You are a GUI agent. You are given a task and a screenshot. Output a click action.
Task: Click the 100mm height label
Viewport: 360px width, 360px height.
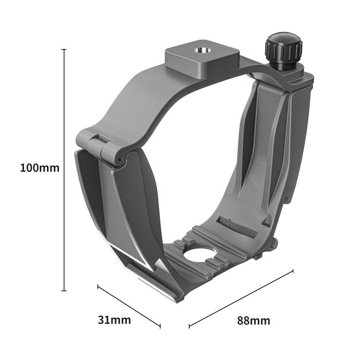pyautogui.click(x=40, y=168)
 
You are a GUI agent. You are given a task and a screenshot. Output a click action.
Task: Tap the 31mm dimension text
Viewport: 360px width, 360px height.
pyautogui.click(x=114, y=320)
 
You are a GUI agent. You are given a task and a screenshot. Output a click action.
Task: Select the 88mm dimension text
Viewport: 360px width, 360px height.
pyautogui.click(x=253, y=321)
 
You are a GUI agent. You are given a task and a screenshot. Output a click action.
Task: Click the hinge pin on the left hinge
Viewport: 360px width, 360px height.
pyautogui.click(x=117, y=158)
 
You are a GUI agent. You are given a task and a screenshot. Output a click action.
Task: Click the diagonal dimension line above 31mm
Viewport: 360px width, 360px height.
pyautogui.click(x=129, y=307)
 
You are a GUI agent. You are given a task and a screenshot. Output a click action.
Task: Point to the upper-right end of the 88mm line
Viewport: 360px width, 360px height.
pyautogui.click(x=293, y=271)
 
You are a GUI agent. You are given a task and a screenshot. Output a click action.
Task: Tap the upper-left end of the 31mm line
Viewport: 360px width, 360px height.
pyautogui.click(x=98, y=287)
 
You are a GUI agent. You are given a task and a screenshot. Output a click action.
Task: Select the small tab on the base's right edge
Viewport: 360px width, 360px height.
pyautogui.click(x=276, y=241)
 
